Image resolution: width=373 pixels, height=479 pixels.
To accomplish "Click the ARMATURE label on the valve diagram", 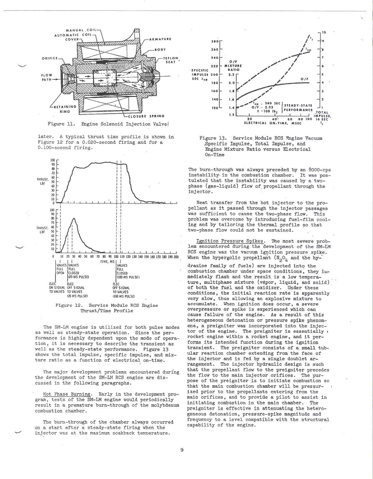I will [x=160, y=39].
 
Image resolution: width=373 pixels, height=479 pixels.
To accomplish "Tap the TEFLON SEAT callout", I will [x=171, y=60].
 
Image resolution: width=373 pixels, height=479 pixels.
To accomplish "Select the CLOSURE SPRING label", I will [x=146, y=116].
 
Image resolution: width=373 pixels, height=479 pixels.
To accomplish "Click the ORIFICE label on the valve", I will [x=50, y=58].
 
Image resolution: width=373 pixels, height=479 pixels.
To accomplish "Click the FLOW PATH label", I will [x=47, y=77].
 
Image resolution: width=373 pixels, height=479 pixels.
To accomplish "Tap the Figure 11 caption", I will [x=108, y=124].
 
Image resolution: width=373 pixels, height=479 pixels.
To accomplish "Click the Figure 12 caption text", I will [x=107, y=308].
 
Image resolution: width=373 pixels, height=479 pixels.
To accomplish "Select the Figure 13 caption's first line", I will [x=261, y=138].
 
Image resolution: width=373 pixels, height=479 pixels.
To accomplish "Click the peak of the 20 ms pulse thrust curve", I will [x=74, y=219].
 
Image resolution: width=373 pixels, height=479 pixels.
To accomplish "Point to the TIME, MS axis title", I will [x=107, y=262].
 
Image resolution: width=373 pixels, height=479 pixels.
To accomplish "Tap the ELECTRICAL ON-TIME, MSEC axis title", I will [x=273, y=123].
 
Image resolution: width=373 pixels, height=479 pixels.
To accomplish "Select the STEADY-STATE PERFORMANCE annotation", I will [x=298, y=107].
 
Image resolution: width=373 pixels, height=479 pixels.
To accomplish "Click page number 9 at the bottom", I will [x=182, y=450].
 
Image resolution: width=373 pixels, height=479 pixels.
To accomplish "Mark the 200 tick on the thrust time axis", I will [x=176, y=257].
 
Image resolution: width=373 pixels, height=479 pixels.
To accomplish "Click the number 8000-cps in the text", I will [x=320, y=170].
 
